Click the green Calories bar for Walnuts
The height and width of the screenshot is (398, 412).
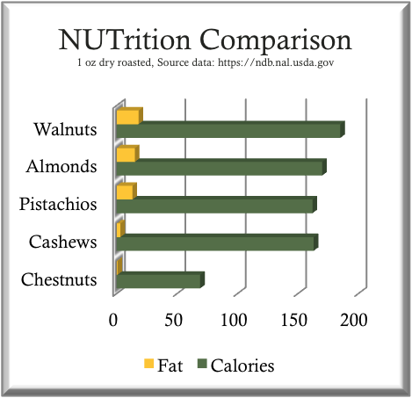228,131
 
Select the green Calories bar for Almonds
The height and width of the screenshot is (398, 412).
220,168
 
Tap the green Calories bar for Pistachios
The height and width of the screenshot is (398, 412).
214,206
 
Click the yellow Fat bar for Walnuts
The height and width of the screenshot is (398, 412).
127,117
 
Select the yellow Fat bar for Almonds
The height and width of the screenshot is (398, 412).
126,155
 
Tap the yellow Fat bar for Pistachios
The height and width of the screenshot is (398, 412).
124,192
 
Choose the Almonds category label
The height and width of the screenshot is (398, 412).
61,167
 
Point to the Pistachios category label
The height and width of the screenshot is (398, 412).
57,205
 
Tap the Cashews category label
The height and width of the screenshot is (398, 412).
62,242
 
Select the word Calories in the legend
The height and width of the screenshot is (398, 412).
242,365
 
